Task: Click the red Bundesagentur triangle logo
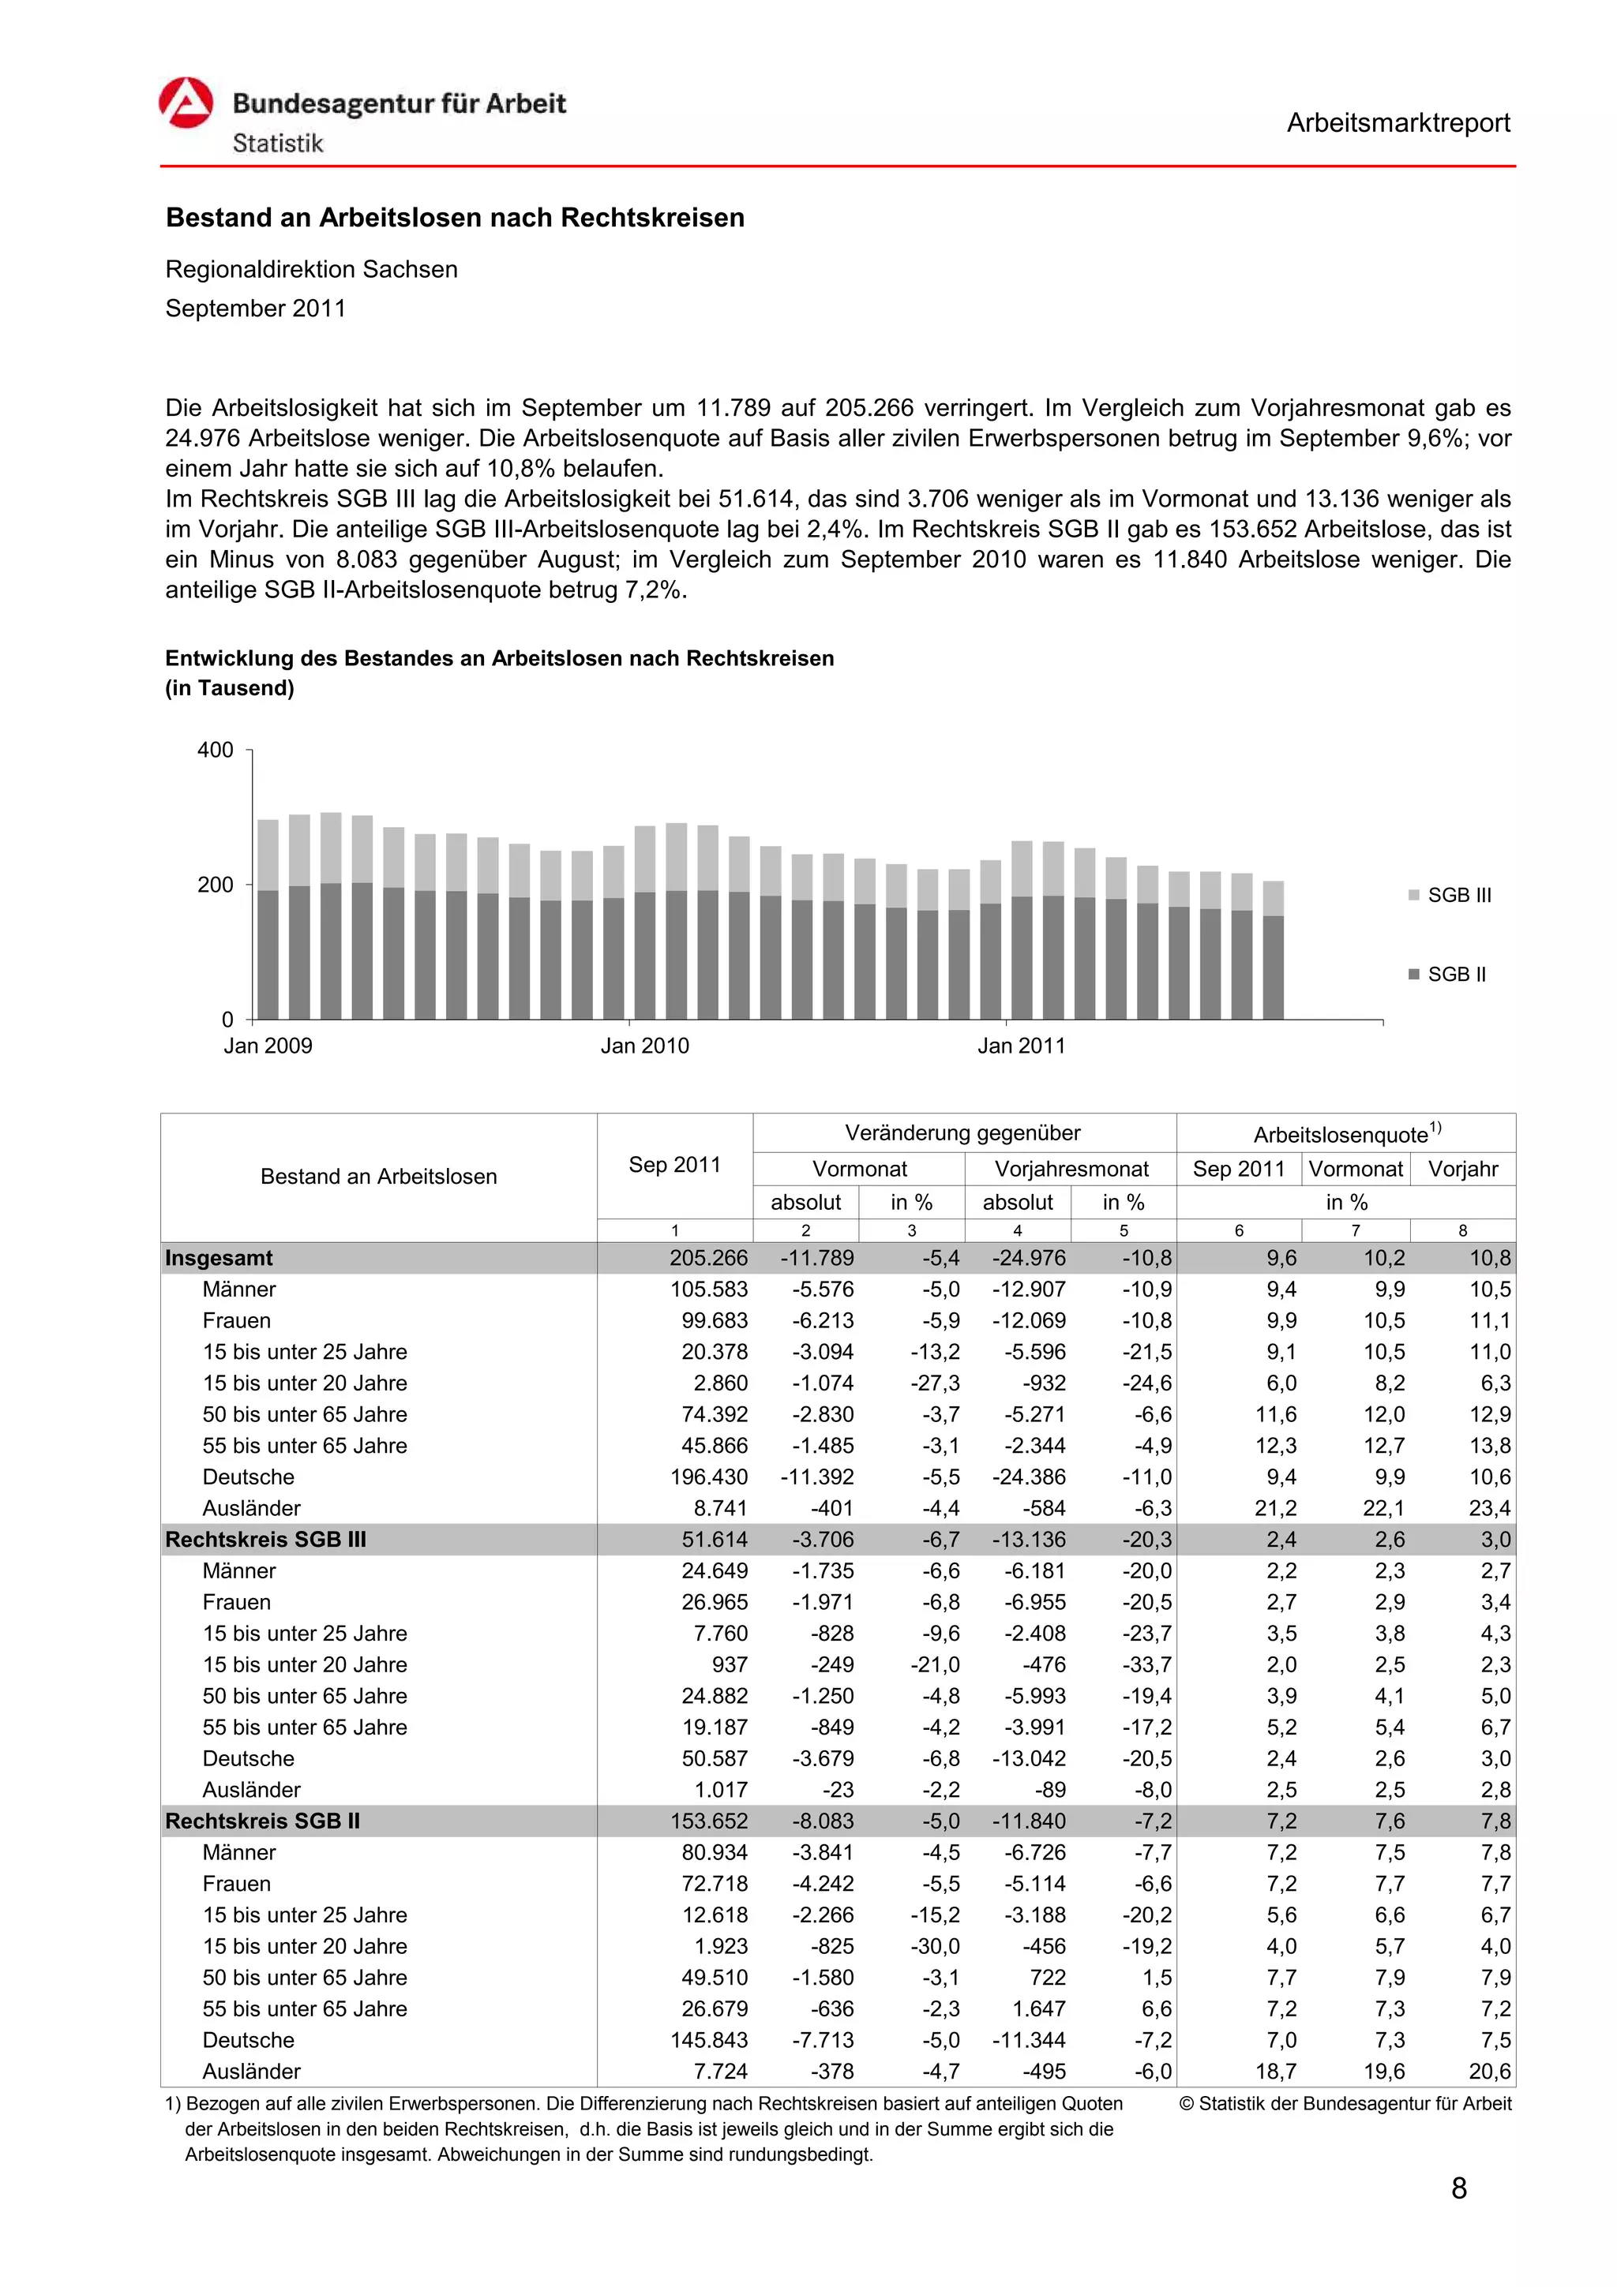pyautogui.click(x=186, y=103)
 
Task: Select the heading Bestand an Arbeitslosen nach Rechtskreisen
pyautogui.click(x=454, y=218)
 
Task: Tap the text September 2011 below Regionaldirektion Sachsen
pyautogui.click(x=255, y=309)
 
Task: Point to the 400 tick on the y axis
pyautogui.click(x=216, y=750)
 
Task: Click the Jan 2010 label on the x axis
pyautogui.click(x=644, y=1046)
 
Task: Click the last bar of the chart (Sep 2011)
pyautogui.click(x=1272, y=951)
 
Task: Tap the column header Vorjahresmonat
pyautogui.click(x=1071, y=1169)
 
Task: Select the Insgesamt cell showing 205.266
pyautogui.click(x=708, y=1258)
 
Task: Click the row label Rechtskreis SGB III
pyautogui.click(x=266, y=1539)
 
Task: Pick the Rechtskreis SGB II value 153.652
pyautogui.click(x=708, y=1821)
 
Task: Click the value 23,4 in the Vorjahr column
pyautogui.click(x=1488, y=1508)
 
